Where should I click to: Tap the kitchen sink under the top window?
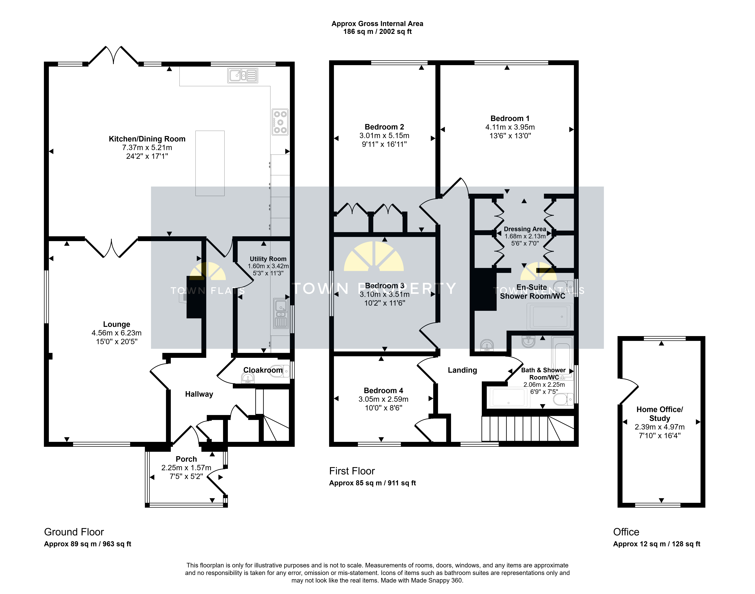point(243,75)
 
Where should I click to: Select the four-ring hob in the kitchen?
point(280,122)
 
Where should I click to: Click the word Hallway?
point(199,394)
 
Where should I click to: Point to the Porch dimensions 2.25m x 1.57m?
point(186,468)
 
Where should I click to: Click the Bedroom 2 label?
point(384,127)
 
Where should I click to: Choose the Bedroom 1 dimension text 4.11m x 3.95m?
point(510,127)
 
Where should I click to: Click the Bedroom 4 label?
point(383,391)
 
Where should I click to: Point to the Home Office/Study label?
point(659,414)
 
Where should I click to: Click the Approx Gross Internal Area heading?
point(377,24)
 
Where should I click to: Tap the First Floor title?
point(352,471)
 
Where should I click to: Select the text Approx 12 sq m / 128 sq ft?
point(657,544)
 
